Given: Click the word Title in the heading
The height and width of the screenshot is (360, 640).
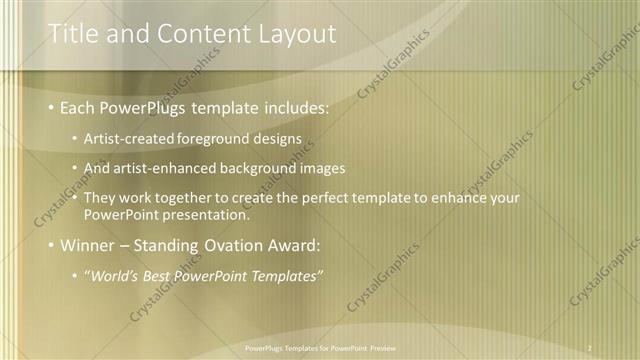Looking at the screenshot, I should coord(72,34).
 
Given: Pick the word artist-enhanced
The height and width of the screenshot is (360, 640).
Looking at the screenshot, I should coord(171,168).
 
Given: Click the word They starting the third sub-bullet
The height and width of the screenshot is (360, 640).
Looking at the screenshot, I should coord(100,198).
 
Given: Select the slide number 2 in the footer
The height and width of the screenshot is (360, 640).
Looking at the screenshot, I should coord(590,348).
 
